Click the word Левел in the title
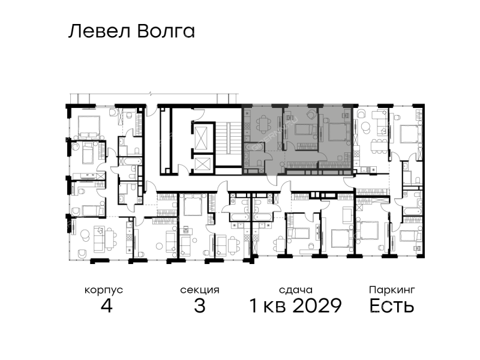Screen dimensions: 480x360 tap(99, 32)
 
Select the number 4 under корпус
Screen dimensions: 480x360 tap(107, 305)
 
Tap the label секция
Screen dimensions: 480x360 tap(200, 290)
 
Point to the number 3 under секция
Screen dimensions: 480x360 tap(200, 305)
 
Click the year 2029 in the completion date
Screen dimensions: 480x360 tap(317, 305)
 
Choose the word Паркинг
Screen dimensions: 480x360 tap(392, 290)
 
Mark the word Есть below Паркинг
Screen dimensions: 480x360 tap(392, 305)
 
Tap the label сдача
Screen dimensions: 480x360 tap(296, 290)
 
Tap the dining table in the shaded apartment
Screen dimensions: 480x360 tap(263, 124)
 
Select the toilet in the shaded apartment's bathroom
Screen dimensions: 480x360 tap(259, 162)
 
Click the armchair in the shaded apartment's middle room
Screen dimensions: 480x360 tap(311, 114)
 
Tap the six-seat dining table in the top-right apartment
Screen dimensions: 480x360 tap(379, 145)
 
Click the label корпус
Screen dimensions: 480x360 tap(104, 290)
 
